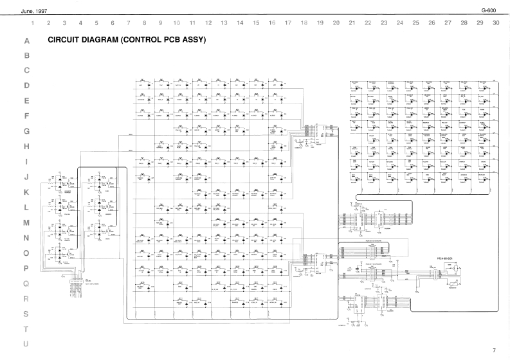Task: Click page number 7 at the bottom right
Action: pyautogui.click(x=494, y=350)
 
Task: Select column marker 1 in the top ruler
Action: pyautogui.click(x=33, y=23)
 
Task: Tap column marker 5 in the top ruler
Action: pyautogui.click(x=96, y=23)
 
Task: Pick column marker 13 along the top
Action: pyautogui.click(x=224, y=23)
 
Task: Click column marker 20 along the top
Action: pyautogui.click(x=336, y=23)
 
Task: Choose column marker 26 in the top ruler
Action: pyautogui.click(x=432, y=23)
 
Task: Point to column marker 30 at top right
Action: pyautogui.click(x=495, y=23)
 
